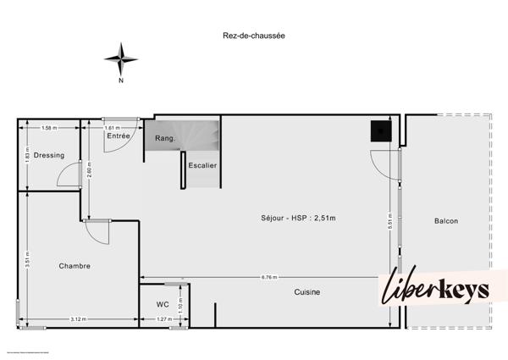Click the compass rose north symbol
tap(121, 60)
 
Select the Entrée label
tap(118, 136)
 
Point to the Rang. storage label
tap(164, 138)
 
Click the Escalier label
tap(202, 165)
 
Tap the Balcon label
tap(445, 221)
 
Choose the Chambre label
tap(75, 266)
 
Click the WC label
tap(163, 304)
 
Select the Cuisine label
tap(306, 292)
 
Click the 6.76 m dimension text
tap(269, 277)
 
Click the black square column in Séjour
tap(380, 130)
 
